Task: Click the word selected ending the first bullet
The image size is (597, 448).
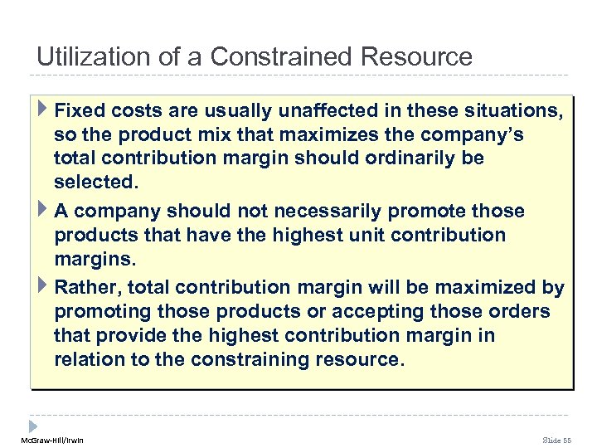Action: pyautogui.click(x=91, y=181)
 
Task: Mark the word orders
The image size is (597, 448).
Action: pyautogui.click(x=517, y=312)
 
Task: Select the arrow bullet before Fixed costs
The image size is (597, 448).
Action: pyautogui.click(x=42, y=109)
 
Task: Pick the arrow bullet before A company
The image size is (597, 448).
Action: pyautogui.click(x=42, y=210)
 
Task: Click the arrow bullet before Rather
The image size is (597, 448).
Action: pyautogui.click(x=42, y=287)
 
